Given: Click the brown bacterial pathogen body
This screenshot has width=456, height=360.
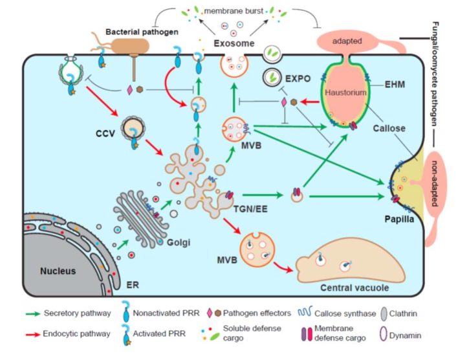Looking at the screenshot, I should coord(129,45).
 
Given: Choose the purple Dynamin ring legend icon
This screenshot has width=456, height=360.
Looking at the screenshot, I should coord(398,336).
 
